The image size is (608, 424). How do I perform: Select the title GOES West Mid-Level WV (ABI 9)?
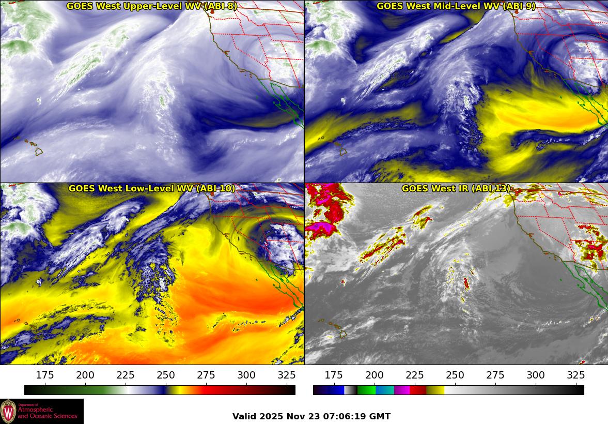click(456, 6)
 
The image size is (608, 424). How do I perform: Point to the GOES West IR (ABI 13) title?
click(456, 189)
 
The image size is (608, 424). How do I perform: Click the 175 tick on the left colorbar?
click(45, 375)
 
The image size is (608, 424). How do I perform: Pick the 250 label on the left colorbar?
click(166, 375)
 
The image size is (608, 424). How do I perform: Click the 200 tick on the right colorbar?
click(374, 375)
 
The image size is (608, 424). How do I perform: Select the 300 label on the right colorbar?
click(536, 375)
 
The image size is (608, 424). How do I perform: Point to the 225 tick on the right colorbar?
click(414, 375)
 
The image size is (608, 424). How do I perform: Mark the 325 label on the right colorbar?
click(576, 375)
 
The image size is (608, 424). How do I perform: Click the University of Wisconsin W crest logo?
click(8, 411)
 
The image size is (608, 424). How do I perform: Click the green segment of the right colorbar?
click(366, 390)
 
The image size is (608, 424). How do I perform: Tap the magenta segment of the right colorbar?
click(402, 390)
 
